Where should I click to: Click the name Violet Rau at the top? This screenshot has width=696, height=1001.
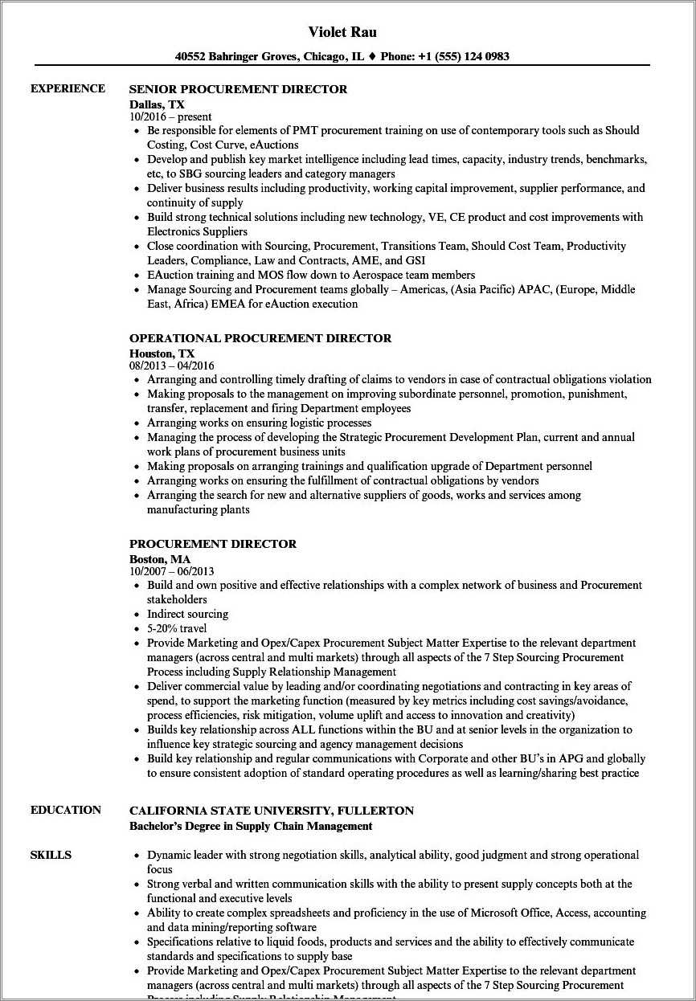click(342, 32)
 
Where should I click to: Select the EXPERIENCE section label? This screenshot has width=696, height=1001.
click(68, 88)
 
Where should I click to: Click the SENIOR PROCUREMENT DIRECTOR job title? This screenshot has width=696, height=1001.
click(238, 89)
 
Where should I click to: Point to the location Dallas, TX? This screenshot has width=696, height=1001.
click(157, 104)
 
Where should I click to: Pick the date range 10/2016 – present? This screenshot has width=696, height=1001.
click(170, 116)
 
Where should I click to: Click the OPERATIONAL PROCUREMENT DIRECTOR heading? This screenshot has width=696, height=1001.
click(260, 338)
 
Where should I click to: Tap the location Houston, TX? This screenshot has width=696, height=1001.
click(162, 353)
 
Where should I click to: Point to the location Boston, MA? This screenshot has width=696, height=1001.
click(159, 558)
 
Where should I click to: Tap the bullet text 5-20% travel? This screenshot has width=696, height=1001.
click(176, 628)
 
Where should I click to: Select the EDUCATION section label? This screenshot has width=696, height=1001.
click(66, 810)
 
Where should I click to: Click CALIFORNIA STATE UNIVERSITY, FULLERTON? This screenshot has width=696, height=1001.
click(272, 811)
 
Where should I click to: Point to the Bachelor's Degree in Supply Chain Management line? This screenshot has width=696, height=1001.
click(251, 826)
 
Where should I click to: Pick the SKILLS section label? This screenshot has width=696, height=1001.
click(51, 855)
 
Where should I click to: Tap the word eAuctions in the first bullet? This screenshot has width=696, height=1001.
click(274, 145)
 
